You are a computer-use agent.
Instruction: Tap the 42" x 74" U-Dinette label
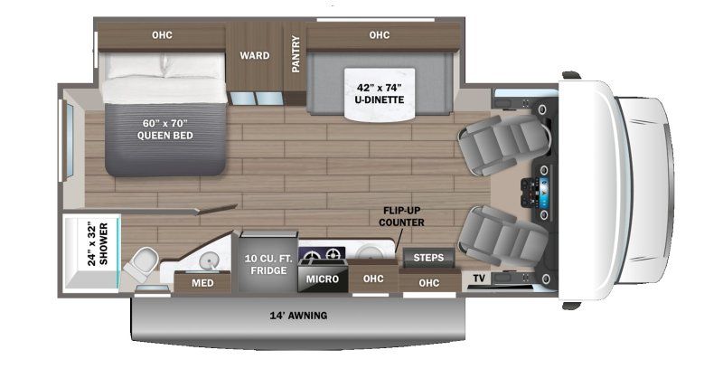[379, 93]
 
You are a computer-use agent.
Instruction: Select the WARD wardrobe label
[254, 55]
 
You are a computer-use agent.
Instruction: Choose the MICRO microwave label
[322, 279]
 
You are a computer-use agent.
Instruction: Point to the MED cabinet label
[202, 283]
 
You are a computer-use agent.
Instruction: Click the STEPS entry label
[427, 258]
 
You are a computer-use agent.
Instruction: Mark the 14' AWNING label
[298, 316]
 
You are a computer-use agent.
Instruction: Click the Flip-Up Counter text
[401, 216]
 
